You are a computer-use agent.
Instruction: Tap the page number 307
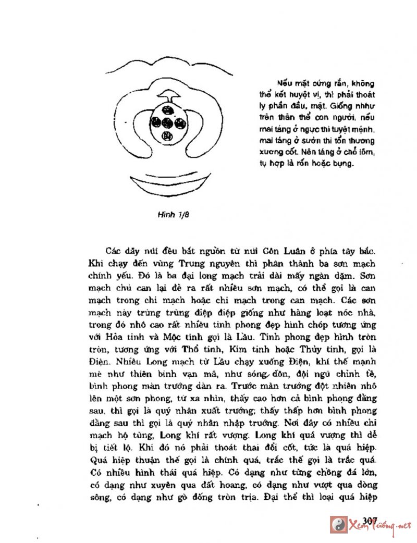369,521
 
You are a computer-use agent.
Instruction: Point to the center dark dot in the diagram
168,124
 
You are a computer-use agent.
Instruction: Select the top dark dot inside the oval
167,110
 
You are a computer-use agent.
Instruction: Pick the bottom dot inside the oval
168,137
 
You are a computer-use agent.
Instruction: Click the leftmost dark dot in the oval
156,124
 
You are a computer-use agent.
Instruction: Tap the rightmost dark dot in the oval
180,124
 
